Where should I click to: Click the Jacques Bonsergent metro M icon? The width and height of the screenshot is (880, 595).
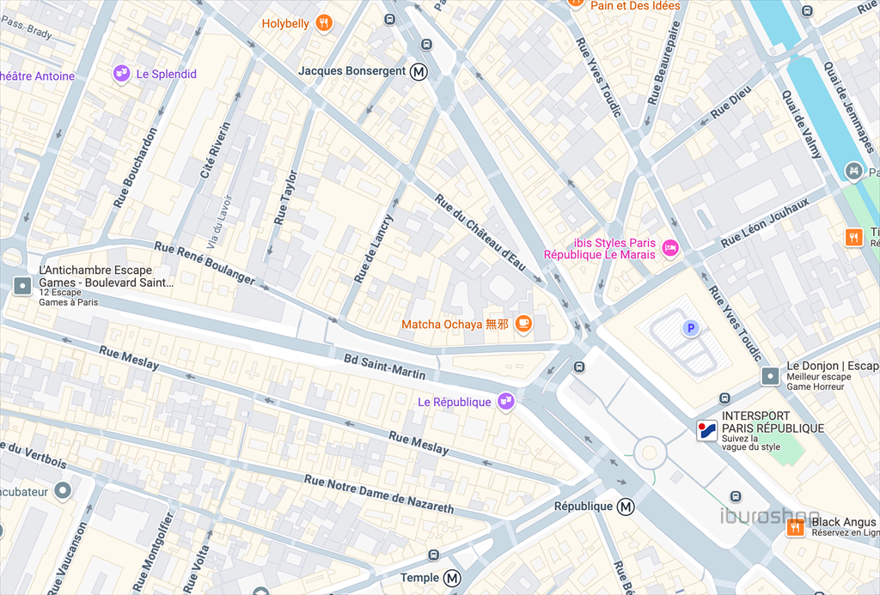pos(419,71)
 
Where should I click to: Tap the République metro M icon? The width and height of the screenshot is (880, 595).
pos(626,507)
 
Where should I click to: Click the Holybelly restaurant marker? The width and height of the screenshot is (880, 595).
pos(324,23)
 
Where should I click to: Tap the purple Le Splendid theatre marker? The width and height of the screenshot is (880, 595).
pos(121,74)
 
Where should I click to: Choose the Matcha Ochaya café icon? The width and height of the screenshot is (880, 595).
pos(523,324)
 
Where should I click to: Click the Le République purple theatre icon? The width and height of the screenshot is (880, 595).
pos(506,401)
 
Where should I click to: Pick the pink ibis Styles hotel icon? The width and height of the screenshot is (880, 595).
pos(671,248)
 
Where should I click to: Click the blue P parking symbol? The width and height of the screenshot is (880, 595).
pos(689,328)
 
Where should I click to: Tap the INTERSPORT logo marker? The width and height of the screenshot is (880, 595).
pos(706,431)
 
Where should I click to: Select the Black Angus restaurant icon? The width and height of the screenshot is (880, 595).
pos(796,527)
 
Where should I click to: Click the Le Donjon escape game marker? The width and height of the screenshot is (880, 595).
pos(771,375)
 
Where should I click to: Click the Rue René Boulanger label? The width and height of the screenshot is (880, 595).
pos(205,263)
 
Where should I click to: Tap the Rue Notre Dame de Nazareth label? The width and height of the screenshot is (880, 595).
pos(378,495)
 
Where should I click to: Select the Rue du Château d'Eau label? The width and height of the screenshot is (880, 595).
pos(480,233)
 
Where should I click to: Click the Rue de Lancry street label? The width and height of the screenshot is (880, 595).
pos(374,249)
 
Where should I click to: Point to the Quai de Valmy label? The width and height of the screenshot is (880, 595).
pos(802,124)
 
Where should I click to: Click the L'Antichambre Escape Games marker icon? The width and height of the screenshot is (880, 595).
pos(21,285)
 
